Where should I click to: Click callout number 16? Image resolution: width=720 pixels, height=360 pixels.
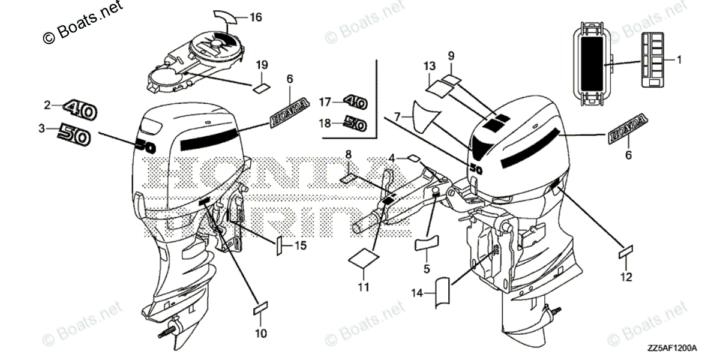coord(256,18)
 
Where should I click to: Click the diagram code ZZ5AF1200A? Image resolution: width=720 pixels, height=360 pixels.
coord(671,349)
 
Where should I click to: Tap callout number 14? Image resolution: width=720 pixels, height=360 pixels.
coord(417,293)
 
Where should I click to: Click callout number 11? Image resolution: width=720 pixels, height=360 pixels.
coord(363,287)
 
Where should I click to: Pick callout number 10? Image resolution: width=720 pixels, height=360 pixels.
coord(262,332)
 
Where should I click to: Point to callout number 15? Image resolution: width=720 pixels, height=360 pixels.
coord(301,245)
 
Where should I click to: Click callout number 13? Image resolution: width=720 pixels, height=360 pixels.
coord(428,65)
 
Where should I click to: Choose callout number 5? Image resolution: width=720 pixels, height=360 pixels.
coord(427,269)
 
